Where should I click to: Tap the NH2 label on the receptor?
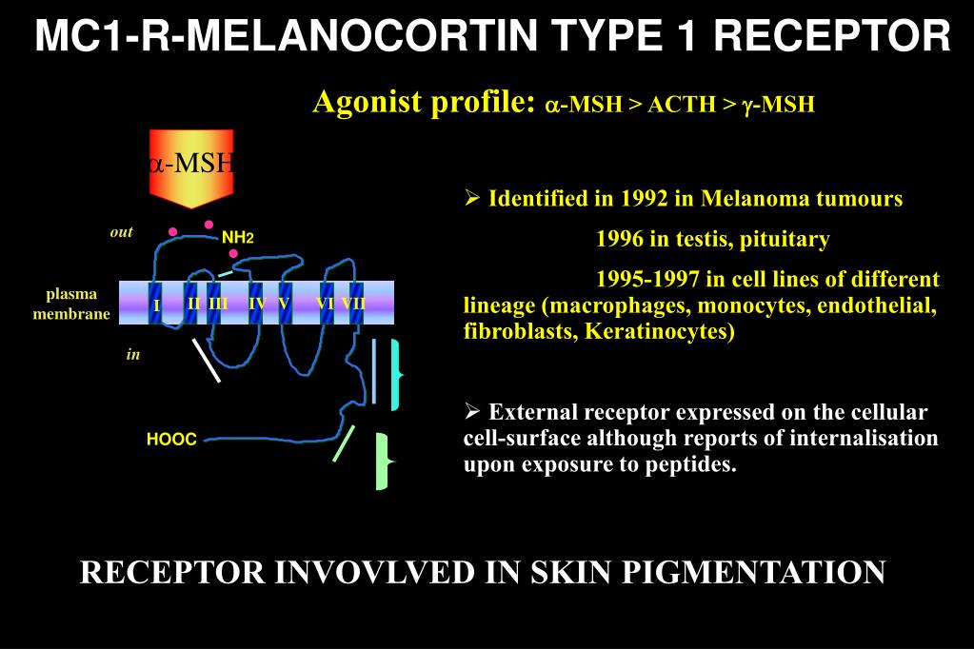[x=238, y=237]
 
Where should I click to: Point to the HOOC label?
[x=171, y=440]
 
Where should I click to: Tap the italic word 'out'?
[x=121, y=232]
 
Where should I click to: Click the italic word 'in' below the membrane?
[x=133, y=354]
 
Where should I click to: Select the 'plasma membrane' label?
[x=71, y=304]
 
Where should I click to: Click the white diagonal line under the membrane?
[x=207, y=360]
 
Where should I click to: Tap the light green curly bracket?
[x=383, y=461]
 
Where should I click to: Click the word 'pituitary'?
[x=784, y=239]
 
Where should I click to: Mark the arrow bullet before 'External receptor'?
[x=472, y=412]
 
